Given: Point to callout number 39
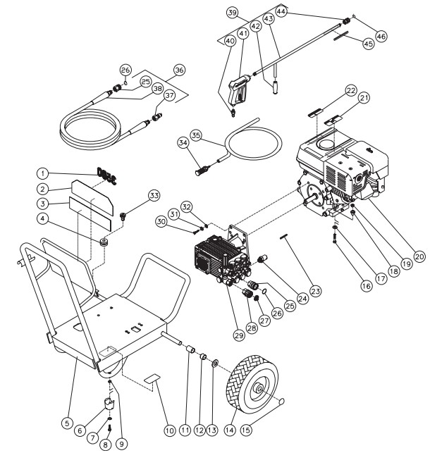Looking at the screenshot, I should click(233, 13).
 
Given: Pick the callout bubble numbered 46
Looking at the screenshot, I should click(381, 36).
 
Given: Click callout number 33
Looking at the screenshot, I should click(154, 195).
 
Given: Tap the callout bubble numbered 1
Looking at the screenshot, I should click(43, 173).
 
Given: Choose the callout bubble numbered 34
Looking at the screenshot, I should click(185, 143).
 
